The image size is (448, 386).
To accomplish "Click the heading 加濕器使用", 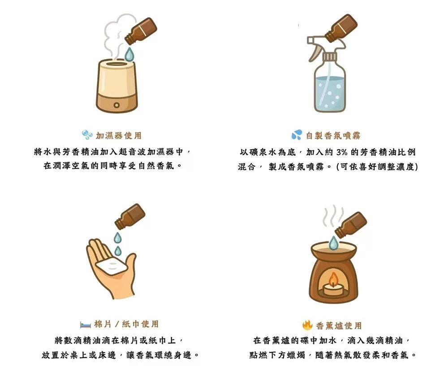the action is [x=119, y=135].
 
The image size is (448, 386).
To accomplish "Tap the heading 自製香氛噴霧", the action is [x=333, y=135].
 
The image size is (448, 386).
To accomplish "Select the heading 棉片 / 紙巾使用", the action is [x=126, y=324].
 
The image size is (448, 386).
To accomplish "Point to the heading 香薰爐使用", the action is [x=339, y=325].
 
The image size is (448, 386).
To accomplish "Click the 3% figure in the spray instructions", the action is [x=342, y=152].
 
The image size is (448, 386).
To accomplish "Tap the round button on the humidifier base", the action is [x=116, y=105].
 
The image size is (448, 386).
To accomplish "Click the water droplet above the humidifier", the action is [x=129, y=55].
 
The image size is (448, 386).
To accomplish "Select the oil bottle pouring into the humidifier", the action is [x=141, y=31].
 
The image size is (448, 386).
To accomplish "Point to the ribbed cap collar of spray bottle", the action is [x=330, y=56].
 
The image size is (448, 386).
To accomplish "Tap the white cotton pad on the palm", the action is [x=110, y=266].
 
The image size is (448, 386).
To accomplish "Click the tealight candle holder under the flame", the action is [x=333, y=290].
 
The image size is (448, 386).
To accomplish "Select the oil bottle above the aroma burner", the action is [x=351, y=225].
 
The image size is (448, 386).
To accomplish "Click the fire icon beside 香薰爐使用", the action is [x=307, y=325].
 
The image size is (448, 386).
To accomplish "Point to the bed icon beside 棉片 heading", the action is [x=86, y=325].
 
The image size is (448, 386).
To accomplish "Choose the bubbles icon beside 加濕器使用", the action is [x=87, y=134].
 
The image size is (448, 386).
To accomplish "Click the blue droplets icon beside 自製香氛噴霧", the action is [x=297, y=135].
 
